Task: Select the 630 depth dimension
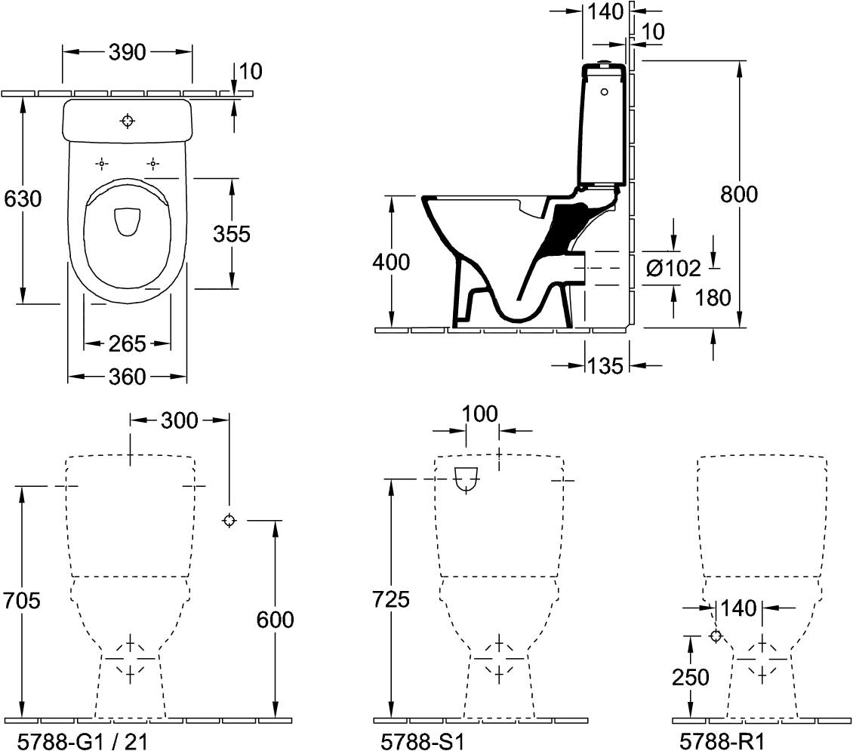click(x=22, y=199)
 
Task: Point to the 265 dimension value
click(x=127, y=343)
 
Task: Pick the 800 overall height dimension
click(x=738, y=194)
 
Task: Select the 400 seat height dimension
click(x=393, y=263)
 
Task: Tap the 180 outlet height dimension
click(x=713, y=298)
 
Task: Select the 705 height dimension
click(x=22, y=601)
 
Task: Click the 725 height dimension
click(x=393, y=599)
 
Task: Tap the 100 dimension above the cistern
click(x=481, y=414)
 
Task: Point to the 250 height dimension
click(x=691, y=676)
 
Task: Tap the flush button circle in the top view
click(x=128, y=120)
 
